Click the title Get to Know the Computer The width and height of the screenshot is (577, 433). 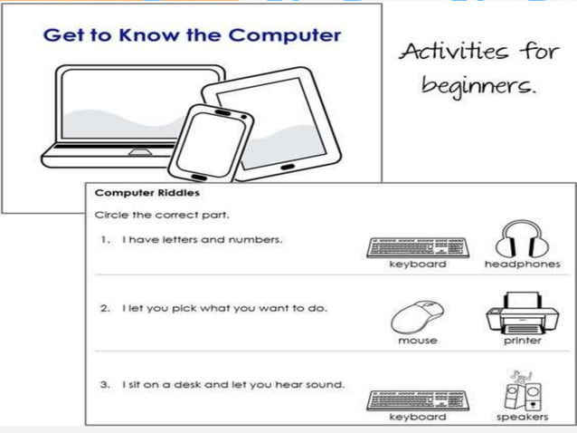pyautogui.click(x=193, y=36)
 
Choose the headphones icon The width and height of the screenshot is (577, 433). pyautogui.click(x=522, y=238)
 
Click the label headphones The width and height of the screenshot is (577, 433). pyautogui.click(x=522, y=265)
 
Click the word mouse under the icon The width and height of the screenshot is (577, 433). pyautogui.click(x=417, y=341)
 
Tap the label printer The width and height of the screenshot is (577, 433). pyautogui.click(x=522, y=341)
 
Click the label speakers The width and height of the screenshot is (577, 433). pyautogui.click(x=522, y=417)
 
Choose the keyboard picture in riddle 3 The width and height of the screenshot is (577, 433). pyautogui.click(x=418, y=399)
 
